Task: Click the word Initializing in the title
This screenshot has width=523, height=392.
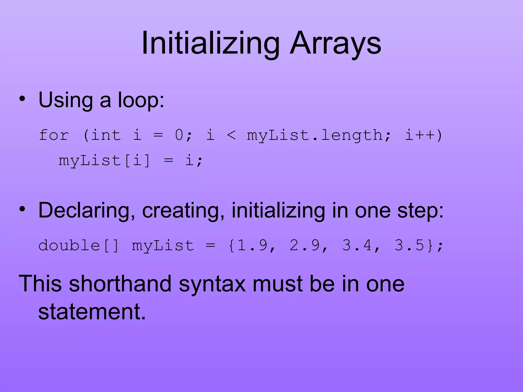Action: pyautogui.click(x=211, y=43)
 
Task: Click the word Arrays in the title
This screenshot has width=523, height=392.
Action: pyautogui.click(x=335, y=43)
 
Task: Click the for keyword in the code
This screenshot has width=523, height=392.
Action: pyautogui.click(x=54, y=135)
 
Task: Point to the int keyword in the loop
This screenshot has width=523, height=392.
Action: pyautogui.click(x=106, y=135)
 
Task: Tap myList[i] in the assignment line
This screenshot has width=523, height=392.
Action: pyautogui.click(x=104, y=161)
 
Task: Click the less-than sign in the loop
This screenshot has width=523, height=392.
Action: pyautogui.click(x=231, y=135)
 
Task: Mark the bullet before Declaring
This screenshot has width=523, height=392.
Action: pyautogui.click(x=22, y=209)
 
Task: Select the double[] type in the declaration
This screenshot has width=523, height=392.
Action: pyautogui.click(x=79, y=246)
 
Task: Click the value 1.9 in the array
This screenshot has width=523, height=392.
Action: pyautogui.click(x=252, y=246)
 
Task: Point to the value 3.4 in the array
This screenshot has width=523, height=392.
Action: pyautogui.click(x=357, y=246)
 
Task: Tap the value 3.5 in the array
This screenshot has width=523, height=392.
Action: pyautogui.click(x=409, y=246)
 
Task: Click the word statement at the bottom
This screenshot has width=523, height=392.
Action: pyautogui.click(x=92, y=312)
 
